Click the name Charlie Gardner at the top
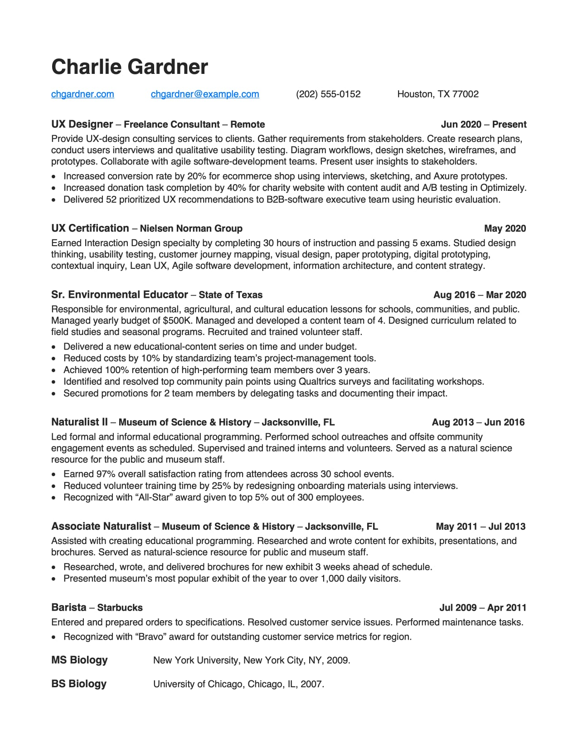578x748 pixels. coord(130,67)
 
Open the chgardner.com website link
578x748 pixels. coord(83,94)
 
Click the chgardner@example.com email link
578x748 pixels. coord(205,94)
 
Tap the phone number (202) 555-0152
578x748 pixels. coord(328,94)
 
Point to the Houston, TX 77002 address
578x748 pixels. coord(438,94)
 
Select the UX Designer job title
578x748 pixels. coord(82,124)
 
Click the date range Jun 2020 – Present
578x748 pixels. coord(483,125)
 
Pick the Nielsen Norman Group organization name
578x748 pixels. coord(191,228)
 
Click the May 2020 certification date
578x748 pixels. coord(505,228)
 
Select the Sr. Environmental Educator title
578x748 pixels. coord(120,295)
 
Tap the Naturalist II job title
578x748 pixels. coord(79,422)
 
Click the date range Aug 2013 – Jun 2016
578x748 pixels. coord(478,423)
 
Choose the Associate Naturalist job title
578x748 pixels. coord(101,526)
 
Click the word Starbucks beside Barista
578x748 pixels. coord(120,608)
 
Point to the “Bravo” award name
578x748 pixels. coord(151,637)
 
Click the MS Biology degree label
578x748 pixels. coord(79,660)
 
